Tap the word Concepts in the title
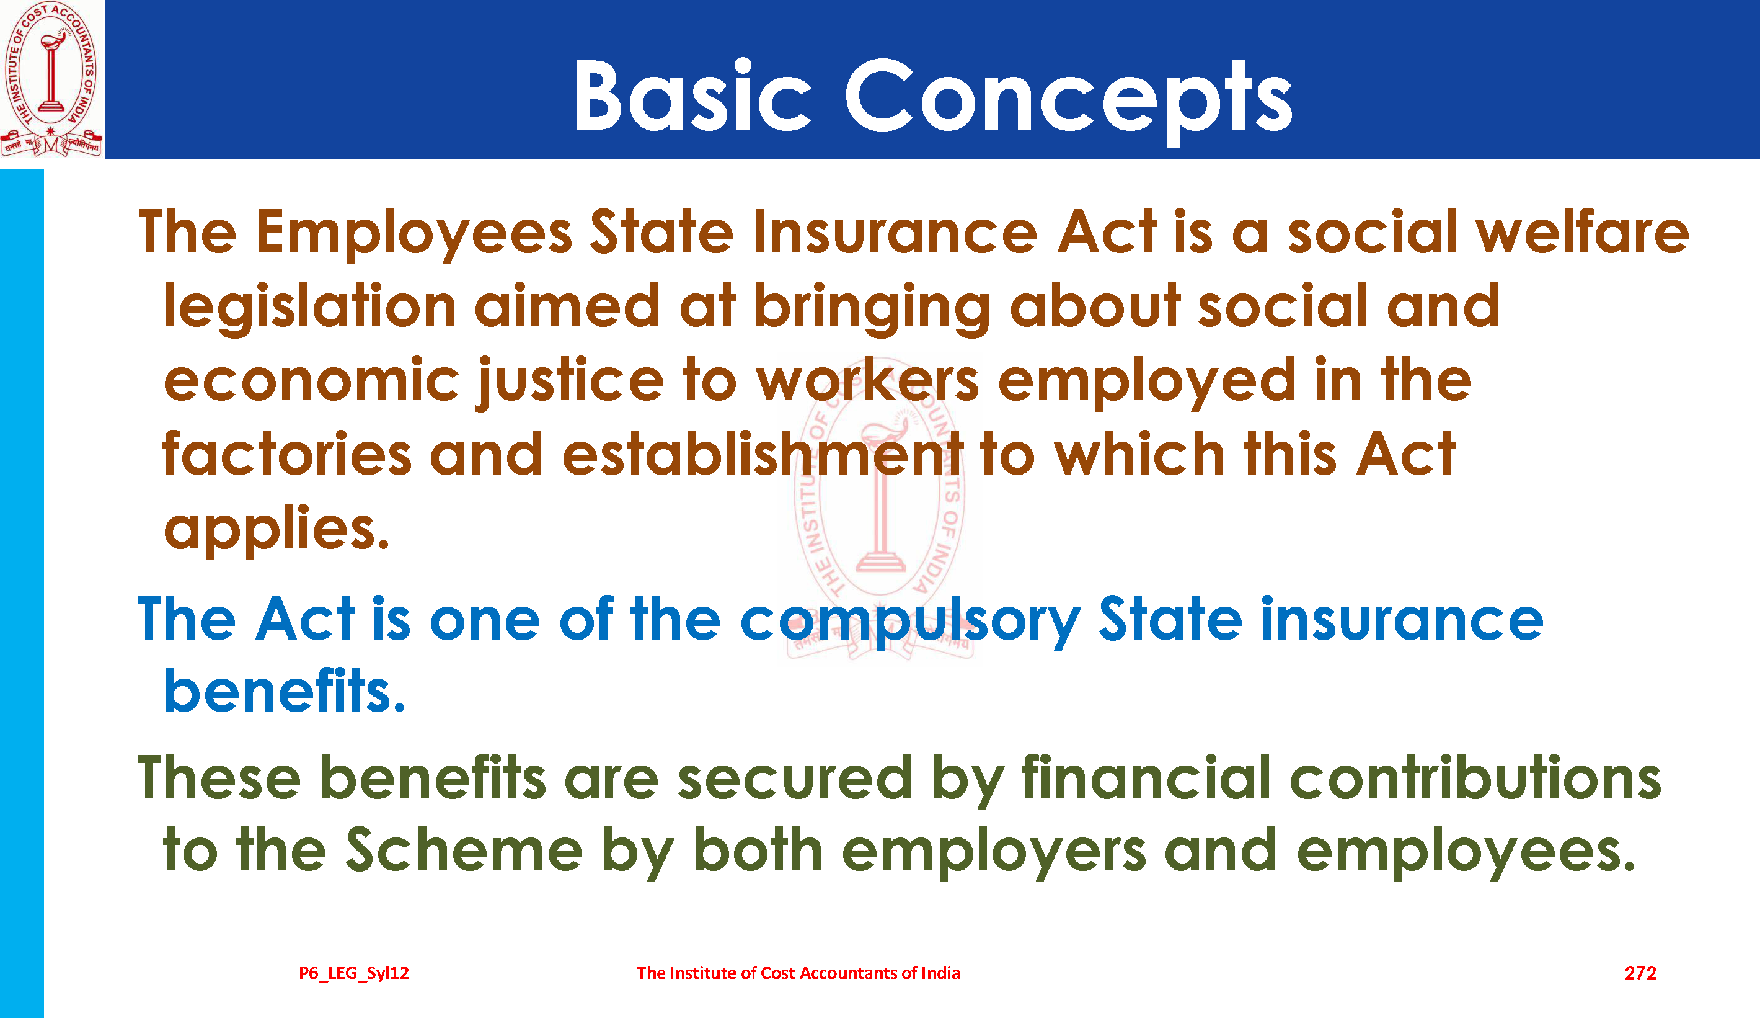coord(1069,100)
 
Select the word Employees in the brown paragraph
coord(415,234)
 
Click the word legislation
coord(310,308)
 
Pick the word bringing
coord(872,308)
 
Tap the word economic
coord(311,382)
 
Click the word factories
coord(287,453)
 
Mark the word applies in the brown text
coord(276,530)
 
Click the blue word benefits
coord(285,690)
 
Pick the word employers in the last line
coord(994,852)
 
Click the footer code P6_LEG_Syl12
coord(354,973)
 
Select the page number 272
coord(1640,973)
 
